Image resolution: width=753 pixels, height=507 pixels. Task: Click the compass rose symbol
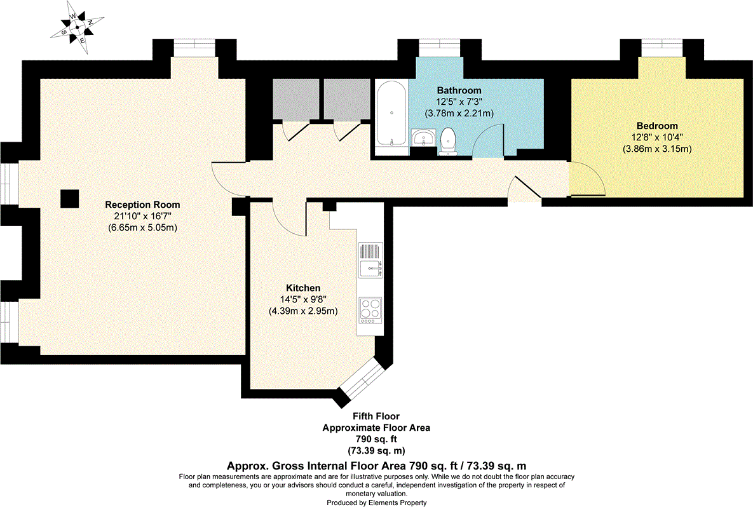point(77,27)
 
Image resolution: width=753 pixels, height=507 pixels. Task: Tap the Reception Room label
point(142,205)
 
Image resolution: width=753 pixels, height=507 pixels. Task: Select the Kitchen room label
point(303,288)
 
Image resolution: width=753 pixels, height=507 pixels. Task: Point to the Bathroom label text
point(459,90)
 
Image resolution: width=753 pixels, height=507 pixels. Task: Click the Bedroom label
point(657,126)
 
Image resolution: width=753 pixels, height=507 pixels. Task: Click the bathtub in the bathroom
point(392,113)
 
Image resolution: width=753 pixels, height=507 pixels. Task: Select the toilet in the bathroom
point(449,141)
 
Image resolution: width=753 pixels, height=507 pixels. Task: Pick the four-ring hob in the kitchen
point(370,309)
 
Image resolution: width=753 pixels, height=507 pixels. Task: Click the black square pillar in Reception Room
point(70,199)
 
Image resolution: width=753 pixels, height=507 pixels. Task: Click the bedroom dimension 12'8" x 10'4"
point(657,137)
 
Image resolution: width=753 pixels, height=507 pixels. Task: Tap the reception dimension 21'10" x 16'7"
point(142,216)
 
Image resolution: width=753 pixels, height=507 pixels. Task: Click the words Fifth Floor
point(376,416)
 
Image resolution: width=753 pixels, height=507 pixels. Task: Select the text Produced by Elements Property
point(376,503)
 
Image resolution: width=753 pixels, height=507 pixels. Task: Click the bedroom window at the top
point(661,48)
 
